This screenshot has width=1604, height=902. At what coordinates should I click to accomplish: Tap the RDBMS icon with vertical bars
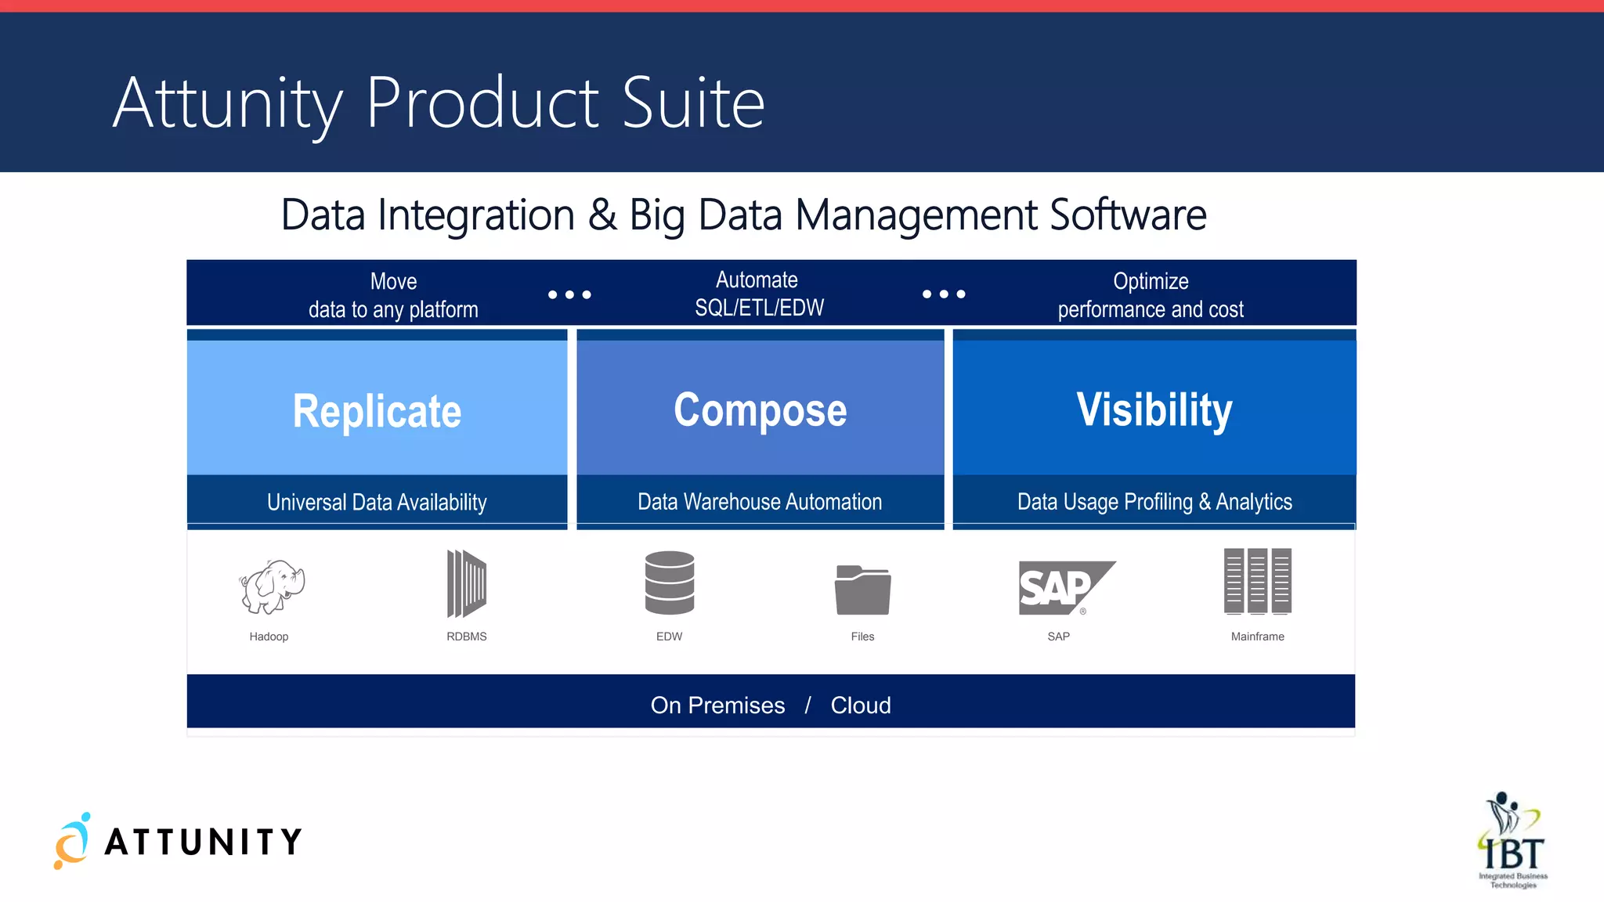467,583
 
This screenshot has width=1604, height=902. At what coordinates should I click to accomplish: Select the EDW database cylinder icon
670,583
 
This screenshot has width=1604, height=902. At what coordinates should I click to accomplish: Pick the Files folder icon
862,590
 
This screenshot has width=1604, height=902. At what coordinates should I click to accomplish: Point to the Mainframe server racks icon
1257,581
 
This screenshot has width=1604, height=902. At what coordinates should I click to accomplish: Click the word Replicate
377,411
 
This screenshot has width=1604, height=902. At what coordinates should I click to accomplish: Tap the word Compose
760,410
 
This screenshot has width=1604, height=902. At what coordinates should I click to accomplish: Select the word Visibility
1154,410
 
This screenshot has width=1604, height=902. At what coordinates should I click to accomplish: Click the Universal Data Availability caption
377,502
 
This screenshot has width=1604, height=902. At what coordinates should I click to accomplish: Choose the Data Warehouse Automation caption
760,502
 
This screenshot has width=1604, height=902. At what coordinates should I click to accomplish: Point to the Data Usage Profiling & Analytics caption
1154,502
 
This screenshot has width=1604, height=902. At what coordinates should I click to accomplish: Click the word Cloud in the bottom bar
860,705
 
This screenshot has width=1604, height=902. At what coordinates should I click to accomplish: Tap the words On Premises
717,705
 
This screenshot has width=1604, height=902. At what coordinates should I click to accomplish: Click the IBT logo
1512,841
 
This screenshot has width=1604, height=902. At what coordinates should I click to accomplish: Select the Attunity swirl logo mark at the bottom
72,841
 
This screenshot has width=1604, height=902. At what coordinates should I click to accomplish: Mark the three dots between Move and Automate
569,294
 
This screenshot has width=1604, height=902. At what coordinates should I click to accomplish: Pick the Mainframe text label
1257,637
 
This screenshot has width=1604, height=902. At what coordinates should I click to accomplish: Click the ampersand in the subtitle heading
601,215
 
